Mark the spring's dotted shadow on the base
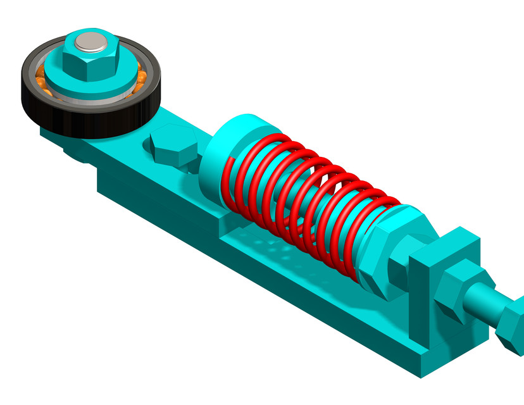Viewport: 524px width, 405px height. (278, 247)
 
